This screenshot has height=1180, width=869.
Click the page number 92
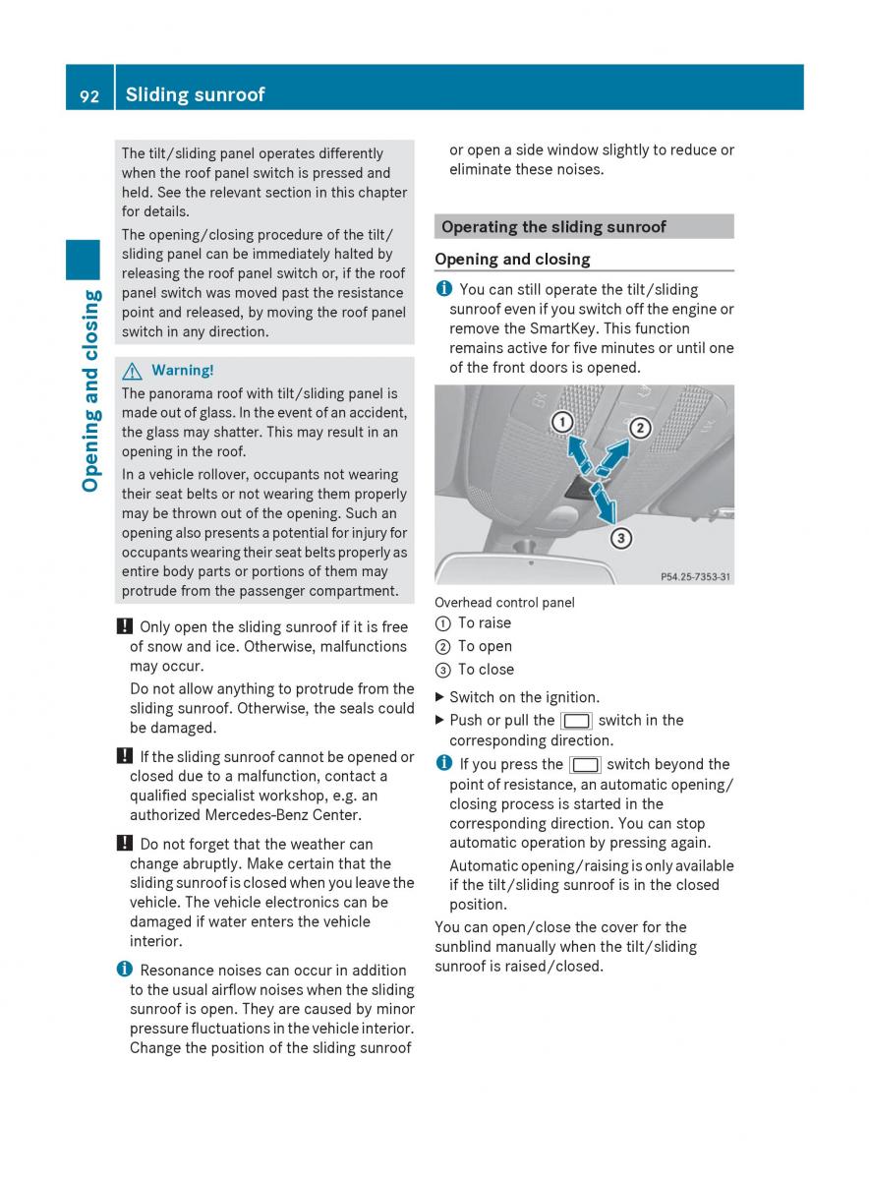click(x=88, y=95)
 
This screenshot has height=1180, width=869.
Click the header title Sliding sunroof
click(x=195, y=94)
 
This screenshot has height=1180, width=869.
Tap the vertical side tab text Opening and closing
click(x=90, y=390)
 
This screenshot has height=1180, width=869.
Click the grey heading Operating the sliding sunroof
click(x=553, y=227)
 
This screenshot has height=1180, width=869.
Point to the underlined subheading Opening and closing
click(x=512, y=260)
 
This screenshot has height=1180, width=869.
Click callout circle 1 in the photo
click(x=561, y=422)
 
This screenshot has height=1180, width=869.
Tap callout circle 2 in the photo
click(x=640, y=428)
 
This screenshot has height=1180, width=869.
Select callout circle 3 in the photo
click(x=621, y=538)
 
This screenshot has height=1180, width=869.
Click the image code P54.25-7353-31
click(x=695, y=577)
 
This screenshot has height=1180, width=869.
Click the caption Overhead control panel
click(x=504, y=603)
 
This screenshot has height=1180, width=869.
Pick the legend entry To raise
click(x=484, y=622)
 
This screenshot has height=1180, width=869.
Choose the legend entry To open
click(x=485, y=646)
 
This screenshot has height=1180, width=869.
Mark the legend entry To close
click(x=486, y=670)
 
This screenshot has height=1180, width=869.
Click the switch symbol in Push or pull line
click(x=576, y=721)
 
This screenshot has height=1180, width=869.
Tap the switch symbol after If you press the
click(x=585, y=765)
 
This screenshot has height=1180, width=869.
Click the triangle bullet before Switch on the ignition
click(x=439, y=697)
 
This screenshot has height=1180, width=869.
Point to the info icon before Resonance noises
click(x=124, y=970)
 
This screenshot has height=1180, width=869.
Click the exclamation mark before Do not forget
click(x=124, y=844)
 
